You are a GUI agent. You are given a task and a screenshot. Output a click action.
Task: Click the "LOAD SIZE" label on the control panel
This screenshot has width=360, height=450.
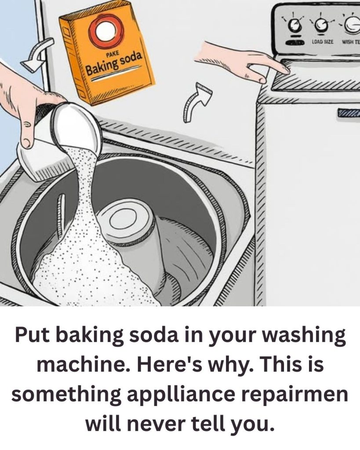(x=322, y=42)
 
